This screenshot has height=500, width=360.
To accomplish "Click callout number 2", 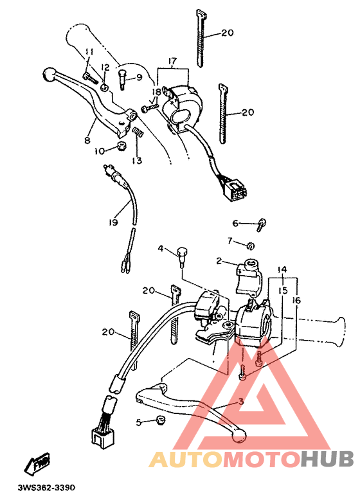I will click(x=219, y=261).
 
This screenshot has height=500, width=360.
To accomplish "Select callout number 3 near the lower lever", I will click(x=240, y=402).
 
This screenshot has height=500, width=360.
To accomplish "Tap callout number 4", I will click(x=161, y=249).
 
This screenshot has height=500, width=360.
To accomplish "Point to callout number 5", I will click(x=138, y=422).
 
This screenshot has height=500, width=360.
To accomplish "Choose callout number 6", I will click(x=235, y=223).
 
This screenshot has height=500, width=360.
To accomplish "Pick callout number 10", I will click(x=100, y=151).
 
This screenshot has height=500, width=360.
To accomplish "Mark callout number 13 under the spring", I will click(x=137, y=160).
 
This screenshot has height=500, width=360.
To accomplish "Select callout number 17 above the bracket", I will click(x=172, y=62).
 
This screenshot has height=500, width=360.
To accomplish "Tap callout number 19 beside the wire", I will click(x=113, y=222).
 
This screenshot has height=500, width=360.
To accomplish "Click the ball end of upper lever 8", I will click(x=47, y=73).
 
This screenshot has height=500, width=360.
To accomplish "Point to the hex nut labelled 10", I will click(x=120, y=148).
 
